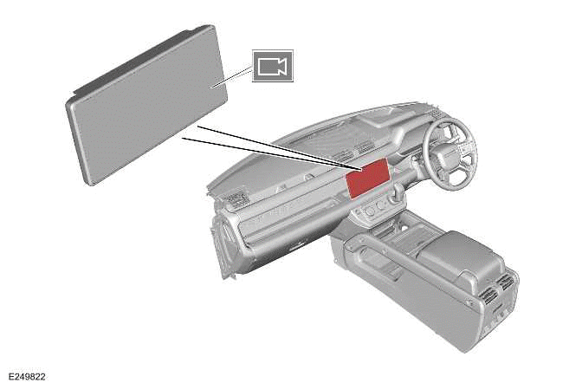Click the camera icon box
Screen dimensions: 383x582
[273, 66]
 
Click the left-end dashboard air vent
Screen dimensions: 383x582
[231, 204]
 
